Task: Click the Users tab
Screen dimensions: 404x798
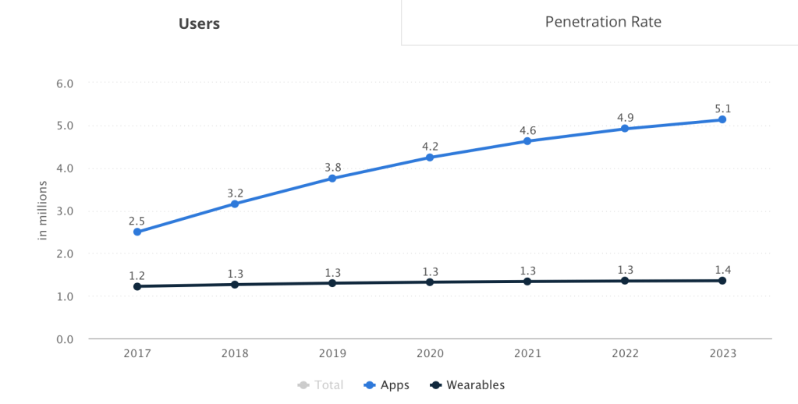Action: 199,23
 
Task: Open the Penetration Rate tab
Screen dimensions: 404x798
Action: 603,22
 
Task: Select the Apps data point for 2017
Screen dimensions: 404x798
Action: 137,232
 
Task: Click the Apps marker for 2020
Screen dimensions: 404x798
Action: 430,158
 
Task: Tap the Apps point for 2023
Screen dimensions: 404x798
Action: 722,119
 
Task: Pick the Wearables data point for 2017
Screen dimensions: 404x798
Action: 137,286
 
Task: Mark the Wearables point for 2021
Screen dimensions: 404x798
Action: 527,281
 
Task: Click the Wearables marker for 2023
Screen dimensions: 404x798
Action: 722,280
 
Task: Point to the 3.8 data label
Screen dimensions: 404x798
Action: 332,167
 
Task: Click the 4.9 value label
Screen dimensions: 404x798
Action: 625,117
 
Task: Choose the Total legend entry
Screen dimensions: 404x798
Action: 320,385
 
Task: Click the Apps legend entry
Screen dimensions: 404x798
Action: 387,385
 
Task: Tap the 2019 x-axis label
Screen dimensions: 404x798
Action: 332,353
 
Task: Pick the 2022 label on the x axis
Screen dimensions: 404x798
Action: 625,353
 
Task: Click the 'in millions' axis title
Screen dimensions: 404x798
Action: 44,211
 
